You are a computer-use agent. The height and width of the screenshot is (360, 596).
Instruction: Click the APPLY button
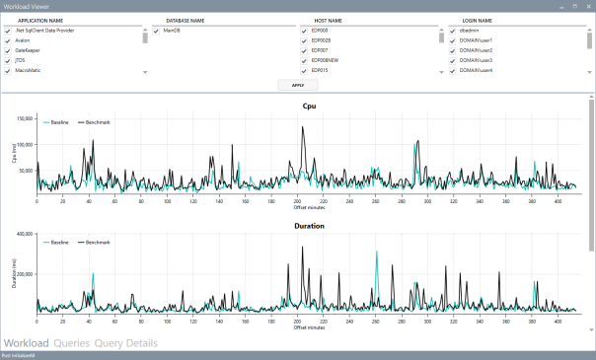point(298,87)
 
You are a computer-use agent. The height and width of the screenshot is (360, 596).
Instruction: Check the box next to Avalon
point(8,40)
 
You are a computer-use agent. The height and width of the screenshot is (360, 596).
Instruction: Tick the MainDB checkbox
point(156,31)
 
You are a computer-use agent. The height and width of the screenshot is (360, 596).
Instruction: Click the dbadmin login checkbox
point(453,31)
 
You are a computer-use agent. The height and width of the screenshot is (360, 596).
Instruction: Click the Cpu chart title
point(308,106)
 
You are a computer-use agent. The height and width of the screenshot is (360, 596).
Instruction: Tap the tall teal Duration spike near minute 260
point(377,252)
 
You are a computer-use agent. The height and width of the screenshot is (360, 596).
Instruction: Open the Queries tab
point(72,343)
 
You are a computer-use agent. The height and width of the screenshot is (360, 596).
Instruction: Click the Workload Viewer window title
point(33,6)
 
